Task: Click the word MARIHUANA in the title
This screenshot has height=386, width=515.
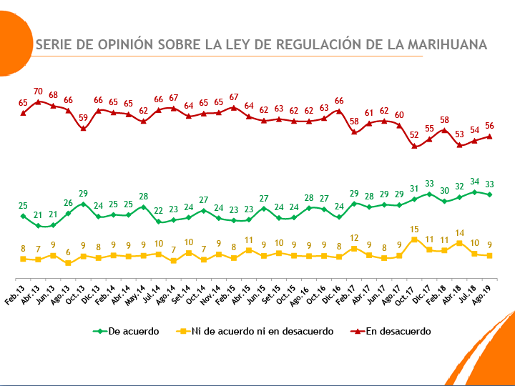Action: pos(446,44)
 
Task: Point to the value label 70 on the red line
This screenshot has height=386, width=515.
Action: pos(38,92)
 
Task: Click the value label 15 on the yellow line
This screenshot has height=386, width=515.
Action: pos(414,229)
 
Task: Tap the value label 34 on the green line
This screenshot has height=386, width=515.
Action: pos(475,182)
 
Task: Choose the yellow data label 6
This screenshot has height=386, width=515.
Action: pos(68,252)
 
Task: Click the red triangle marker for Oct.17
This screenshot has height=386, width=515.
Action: pos(414,145)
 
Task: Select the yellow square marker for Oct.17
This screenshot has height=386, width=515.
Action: pos(414,239)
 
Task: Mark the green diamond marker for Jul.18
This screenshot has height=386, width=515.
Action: pos(475,192)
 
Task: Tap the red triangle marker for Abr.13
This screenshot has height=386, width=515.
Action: pos(38,102)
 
